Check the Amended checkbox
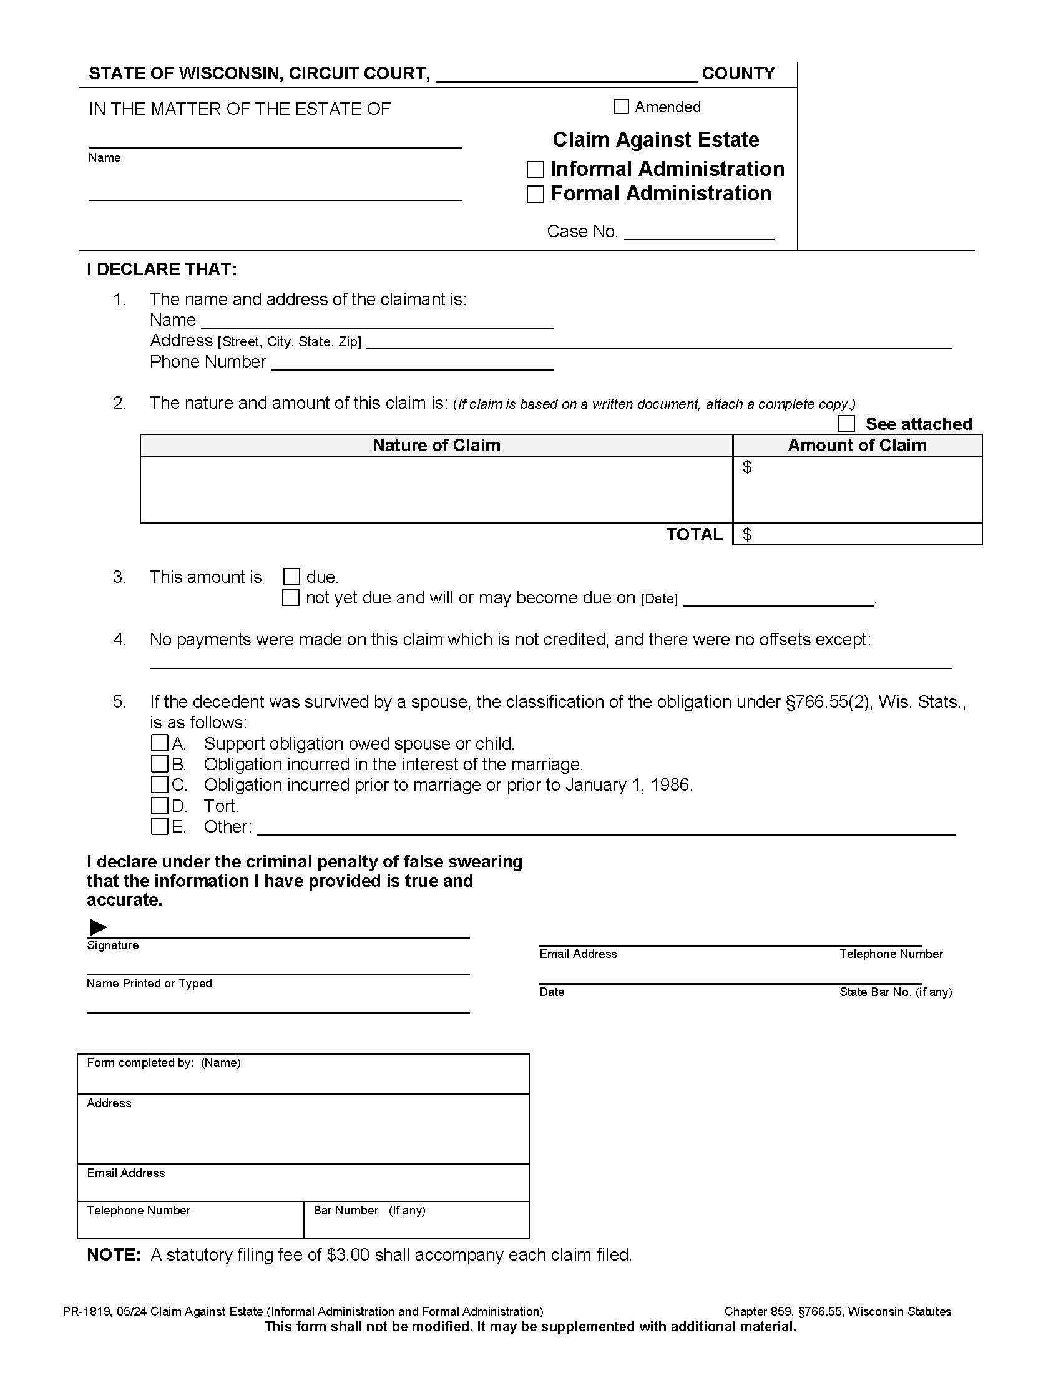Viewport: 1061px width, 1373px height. (620, 107)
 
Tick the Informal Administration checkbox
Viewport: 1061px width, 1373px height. (535, 170)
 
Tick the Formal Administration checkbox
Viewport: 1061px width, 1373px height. (535, 194)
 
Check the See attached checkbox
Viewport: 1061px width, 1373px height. (846, 424)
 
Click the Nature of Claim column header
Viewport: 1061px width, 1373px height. (436, 445)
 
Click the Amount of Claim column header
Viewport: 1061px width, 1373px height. (857, 445)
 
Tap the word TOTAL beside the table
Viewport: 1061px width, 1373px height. (694, 534)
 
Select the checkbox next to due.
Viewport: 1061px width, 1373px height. (291, 577)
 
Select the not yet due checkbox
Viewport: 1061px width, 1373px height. (290, 597)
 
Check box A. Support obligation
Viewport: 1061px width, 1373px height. (160, 743)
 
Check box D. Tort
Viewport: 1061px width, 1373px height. (160, 805)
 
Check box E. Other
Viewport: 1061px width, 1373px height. (160, 826)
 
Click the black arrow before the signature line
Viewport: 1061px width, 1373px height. (97, 927)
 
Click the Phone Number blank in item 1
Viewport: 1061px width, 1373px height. (412, 363)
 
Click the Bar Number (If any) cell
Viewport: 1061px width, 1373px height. (416, 1219)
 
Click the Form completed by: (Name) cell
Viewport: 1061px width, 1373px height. (303, 1074)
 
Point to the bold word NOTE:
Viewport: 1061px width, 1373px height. (114, 1255)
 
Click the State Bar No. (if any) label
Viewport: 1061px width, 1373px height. (895, 992)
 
